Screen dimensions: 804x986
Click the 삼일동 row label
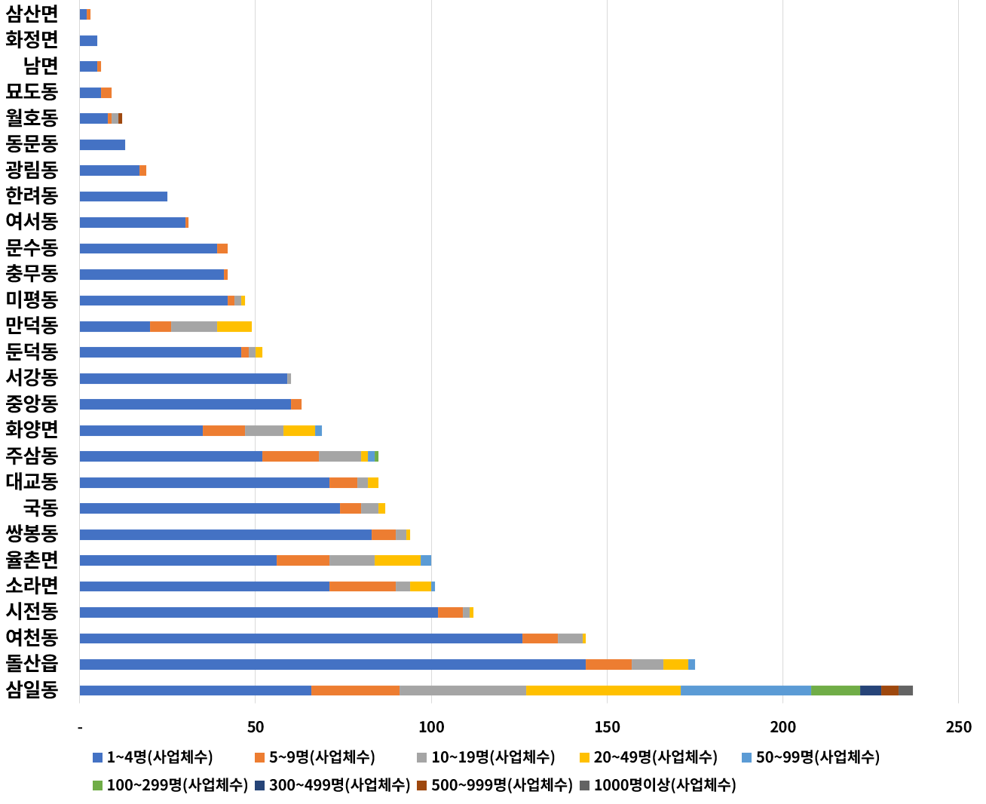point(32,689)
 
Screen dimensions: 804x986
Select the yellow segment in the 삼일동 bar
point(603,690)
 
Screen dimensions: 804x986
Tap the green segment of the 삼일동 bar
point(835,690)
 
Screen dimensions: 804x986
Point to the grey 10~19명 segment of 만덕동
point(194,327)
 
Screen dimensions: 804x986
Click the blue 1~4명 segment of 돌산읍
point(332,664)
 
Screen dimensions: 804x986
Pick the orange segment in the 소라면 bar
point(363,586)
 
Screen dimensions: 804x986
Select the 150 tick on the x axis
point(607,727)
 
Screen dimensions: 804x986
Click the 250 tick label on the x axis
point(958,727)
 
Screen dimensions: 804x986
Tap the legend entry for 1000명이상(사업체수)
point(664,785)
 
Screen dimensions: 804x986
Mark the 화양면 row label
point(32,430)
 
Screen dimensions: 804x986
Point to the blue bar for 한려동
point(123,197)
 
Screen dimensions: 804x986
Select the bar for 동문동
point(102,145)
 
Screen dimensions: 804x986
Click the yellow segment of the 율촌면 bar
point(397,560)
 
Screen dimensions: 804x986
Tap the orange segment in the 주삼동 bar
point(290,456)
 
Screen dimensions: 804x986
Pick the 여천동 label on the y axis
point(32,637)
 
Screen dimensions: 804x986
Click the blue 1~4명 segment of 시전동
point(258,612)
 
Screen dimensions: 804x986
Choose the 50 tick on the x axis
point(256,727)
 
